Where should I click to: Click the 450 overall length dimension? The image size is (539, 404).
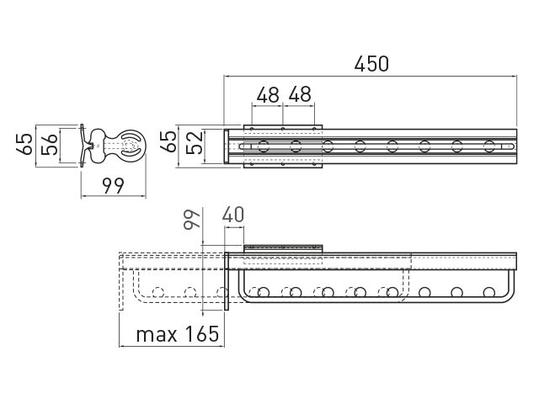pos(371,64)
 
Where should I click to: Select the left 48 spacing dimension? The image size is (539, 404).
pos(268,95)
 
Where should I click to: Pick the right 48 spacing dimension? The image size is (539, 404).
pos(300,95)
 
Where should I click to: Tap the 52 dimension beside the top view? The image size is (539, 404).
pos(195,144)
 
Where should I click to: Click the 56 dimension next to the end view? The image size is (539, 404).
pos(49,144)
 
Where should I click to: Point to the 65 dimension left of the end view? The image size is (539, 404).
pos(24,144)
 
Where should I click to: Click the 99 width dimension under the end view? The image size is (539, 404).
pos(113,186)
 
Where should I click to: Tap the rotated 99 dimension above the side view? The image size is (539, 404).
pos(192,219)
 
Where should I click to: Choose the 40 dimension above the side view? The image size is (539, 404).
pos(233,215)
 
